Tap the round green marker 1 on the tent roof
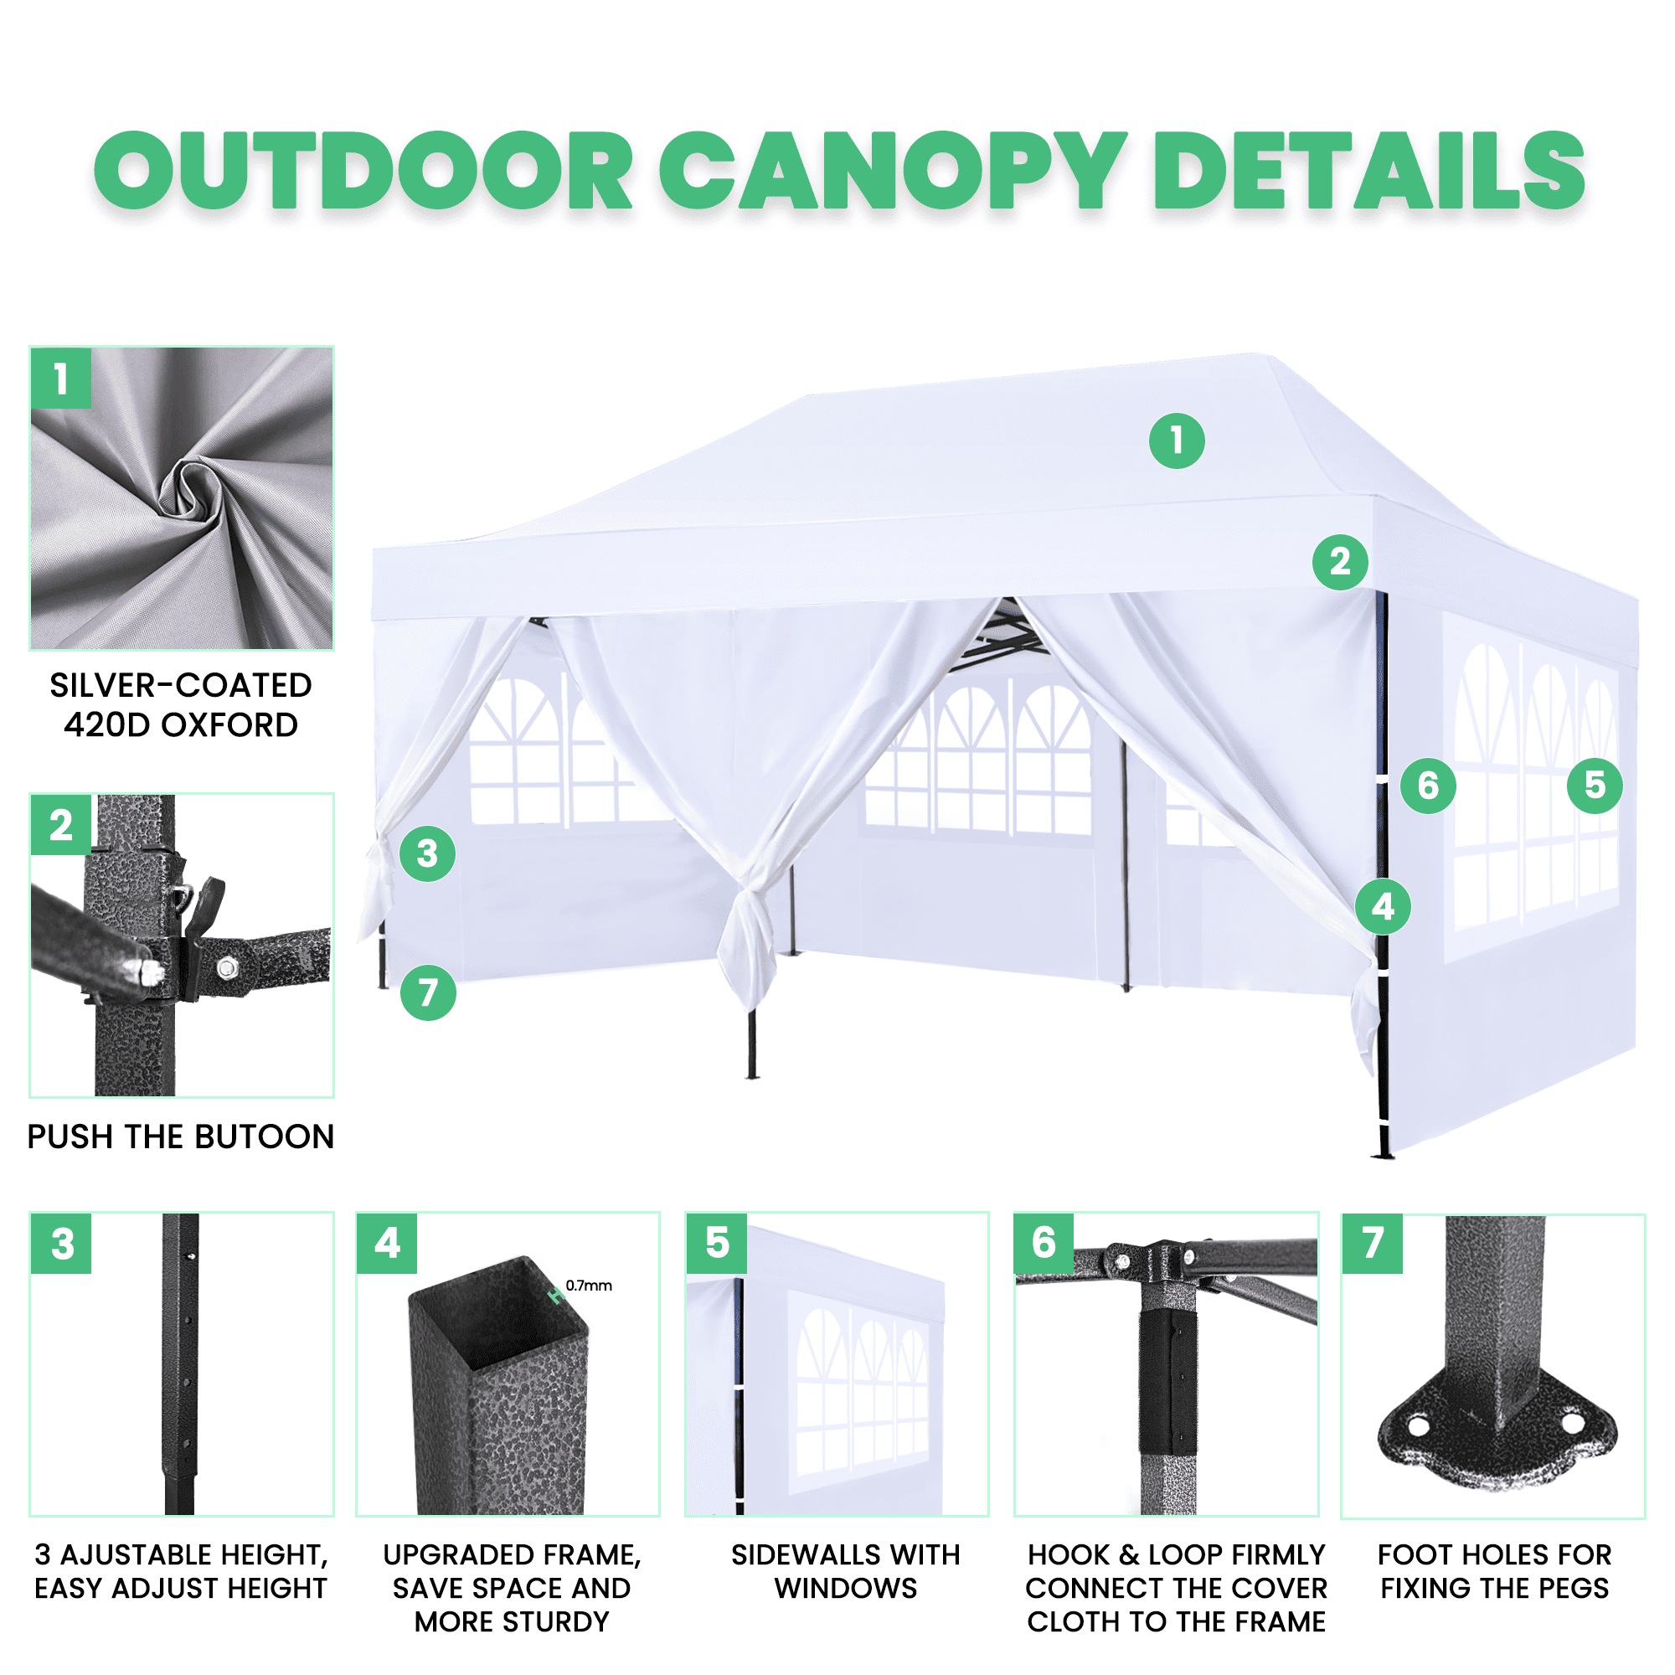click(1177, 441)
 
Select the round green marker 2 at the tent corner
click(1339, 562)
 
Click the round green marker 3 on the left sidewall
click(427, 854)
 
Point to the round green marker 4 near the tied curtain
click(1383, 907)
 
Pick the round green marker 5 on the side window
click(1595, 786)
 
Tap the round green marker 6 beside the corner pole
click(1428, 786)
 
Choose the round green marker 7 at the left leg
click(428, 992)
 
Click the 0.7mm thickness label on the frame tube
click(589, 1286)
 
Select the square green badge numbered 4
click(388, 1243)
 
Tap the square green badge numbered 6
click(1044, 1243)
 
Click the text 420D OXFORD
click(181, 724)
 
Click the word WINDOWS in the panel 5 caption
click(845, 1588)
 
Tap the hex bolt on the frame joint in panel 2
click(227, 966)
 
